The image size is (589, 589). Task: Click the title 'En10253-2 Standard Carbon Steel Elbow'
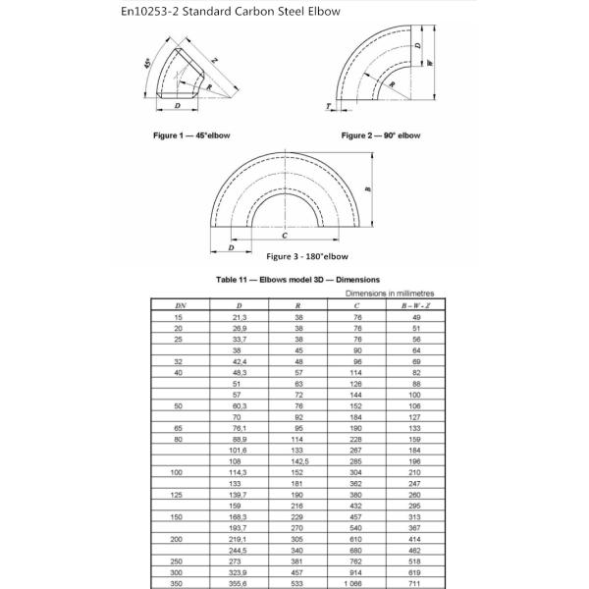(x=231, y=11)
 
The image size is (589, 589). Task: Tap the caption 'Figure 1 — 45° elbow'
(x=191, y=135)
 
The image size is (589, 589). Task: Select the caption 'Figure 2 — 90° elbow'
(x=381, y=135)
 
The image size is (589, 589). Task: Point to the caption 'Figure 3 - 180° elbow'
(x=307, y=256)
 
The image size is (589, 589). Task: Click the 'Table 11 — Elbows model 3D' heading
(x=297, y=280)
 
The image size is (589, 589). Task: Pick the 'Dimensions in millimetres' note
(x=390, y=294)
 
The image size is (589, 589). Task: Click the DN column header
(x=181, y=305)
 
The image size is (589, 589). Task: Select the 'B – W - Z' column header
(x=415, y=305)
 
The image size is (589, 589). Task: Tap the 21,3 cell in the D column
(x=240, y=317)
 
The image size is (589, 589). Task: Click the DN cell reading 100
(x=176, y=472)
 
